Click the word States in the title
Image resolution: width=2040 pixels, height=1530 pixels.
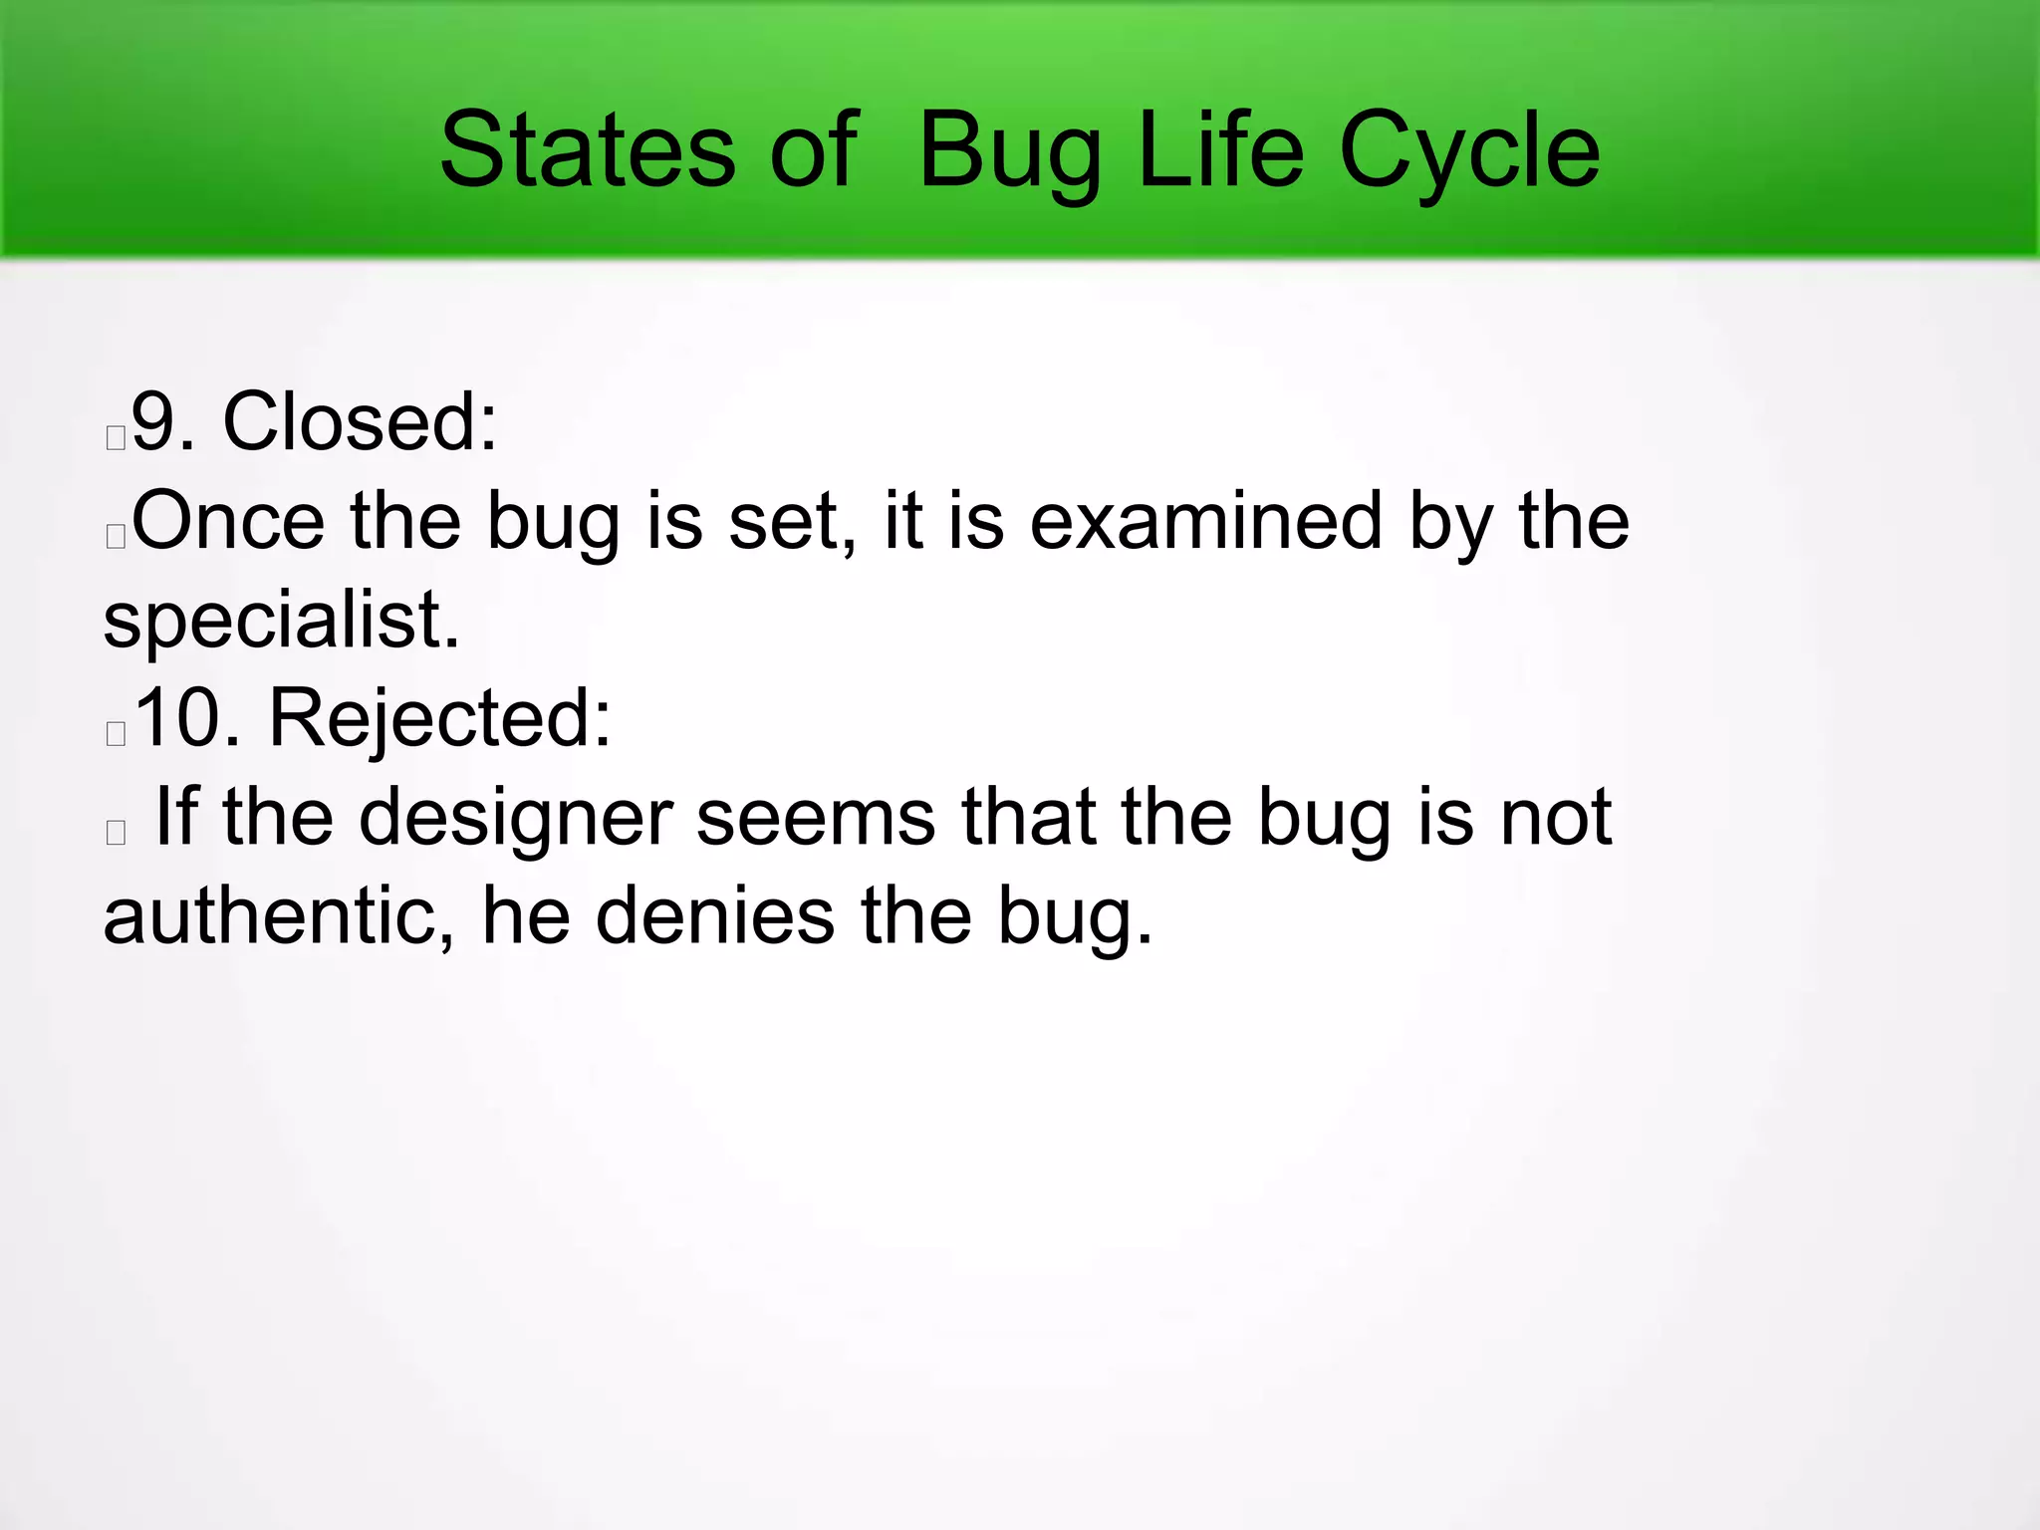[x=587, y=151]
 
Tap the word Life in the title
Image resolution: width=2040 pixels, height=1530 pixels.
[x=1220, y=151]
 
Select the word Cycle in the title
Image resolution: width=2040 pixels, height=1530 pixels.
[x=1469, y=151]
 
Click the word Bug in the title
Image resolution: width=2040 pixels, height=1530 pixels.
[x=1010, y=151]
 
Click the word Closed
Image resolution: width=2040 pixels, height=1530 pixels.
[x=360, y=422]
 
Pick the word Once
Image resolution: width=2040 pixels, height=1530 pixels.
[x=228, y=521]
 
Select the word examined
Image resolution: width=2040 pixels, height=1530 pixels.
[x=1205, y=521]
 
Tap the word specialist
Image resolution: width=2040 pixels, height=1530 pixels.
[x=281, y=620]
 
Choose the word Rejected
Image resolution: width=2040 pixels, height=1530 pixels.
[x=439, y=718]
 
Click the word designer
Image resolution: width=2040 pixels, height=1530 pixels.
[x=515, y=817]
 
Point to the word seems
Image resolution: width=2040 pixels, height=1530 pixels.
[x=815, y=817]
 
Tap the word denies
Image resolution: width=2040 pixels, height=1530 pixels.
[x=714, y=916]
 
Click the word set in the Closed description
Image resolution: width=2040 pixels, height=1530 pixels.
[x=792, y=521]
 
